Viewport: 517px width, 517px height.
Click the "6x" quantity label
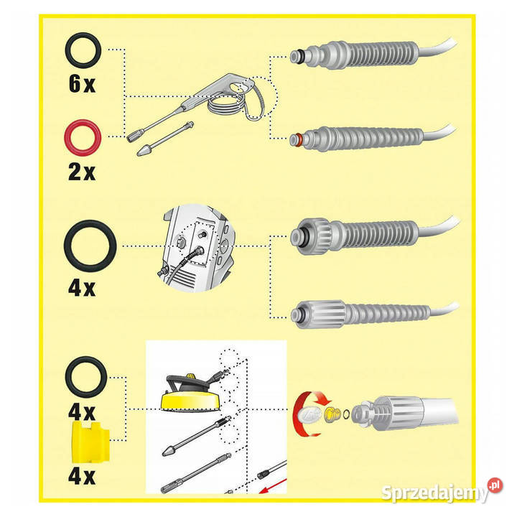pos(82,83)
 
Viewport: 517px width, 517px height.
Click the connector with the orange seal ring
pos(356,139)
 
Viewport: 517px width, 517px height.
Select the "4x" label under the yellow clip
pos(82,476)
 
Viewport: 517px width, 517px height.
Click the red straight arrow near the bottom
pos(272,485)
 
